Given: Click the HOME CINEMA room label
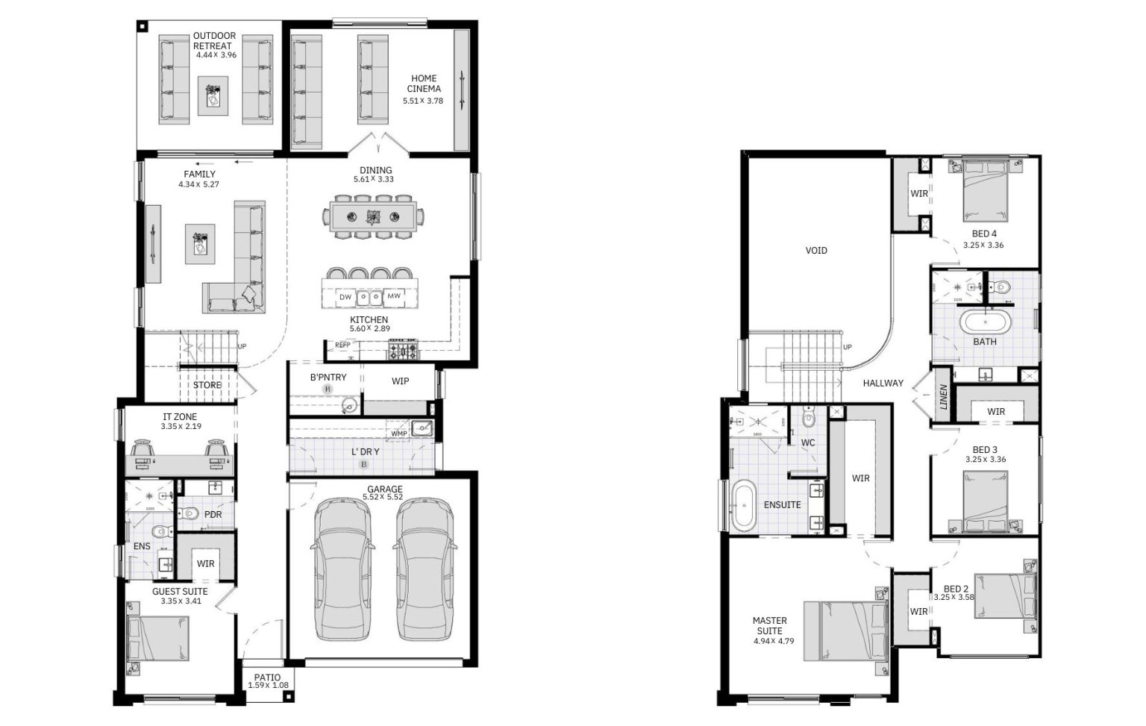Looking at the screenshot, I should [x=424, y=84].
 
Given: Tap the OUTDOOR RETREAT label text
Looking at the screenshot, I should [x=214, y=40].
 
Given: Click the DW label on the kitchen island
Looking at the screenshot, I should [x=345, y=297].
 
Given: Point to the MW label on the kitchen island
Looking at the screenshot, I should [x=394, y=296].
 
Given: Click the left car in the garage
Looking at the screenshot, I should [x=342, y=569].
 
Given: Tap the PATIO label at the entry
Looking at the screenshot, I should [x=266, y=678].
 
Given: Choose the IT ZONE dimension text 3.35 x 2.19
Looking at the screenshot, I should [x=181, y=427].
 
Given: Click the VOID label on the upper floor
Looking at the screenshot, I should [x=816, y=251].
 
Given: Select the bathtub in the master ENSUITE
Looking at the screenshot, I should [x=743, y=507].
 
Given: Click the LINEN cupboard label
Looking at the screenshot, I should [x=943, y=397].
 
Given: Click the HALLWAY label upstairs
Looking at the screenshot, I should [x=883, y=383].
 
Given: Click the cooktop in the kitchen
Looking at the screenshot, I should [x=402, y=349].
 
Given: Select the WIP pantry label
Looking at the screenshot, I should [x=400, y=381].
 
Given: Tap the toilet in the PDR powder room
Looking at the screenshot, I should [x=189, y=514].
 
